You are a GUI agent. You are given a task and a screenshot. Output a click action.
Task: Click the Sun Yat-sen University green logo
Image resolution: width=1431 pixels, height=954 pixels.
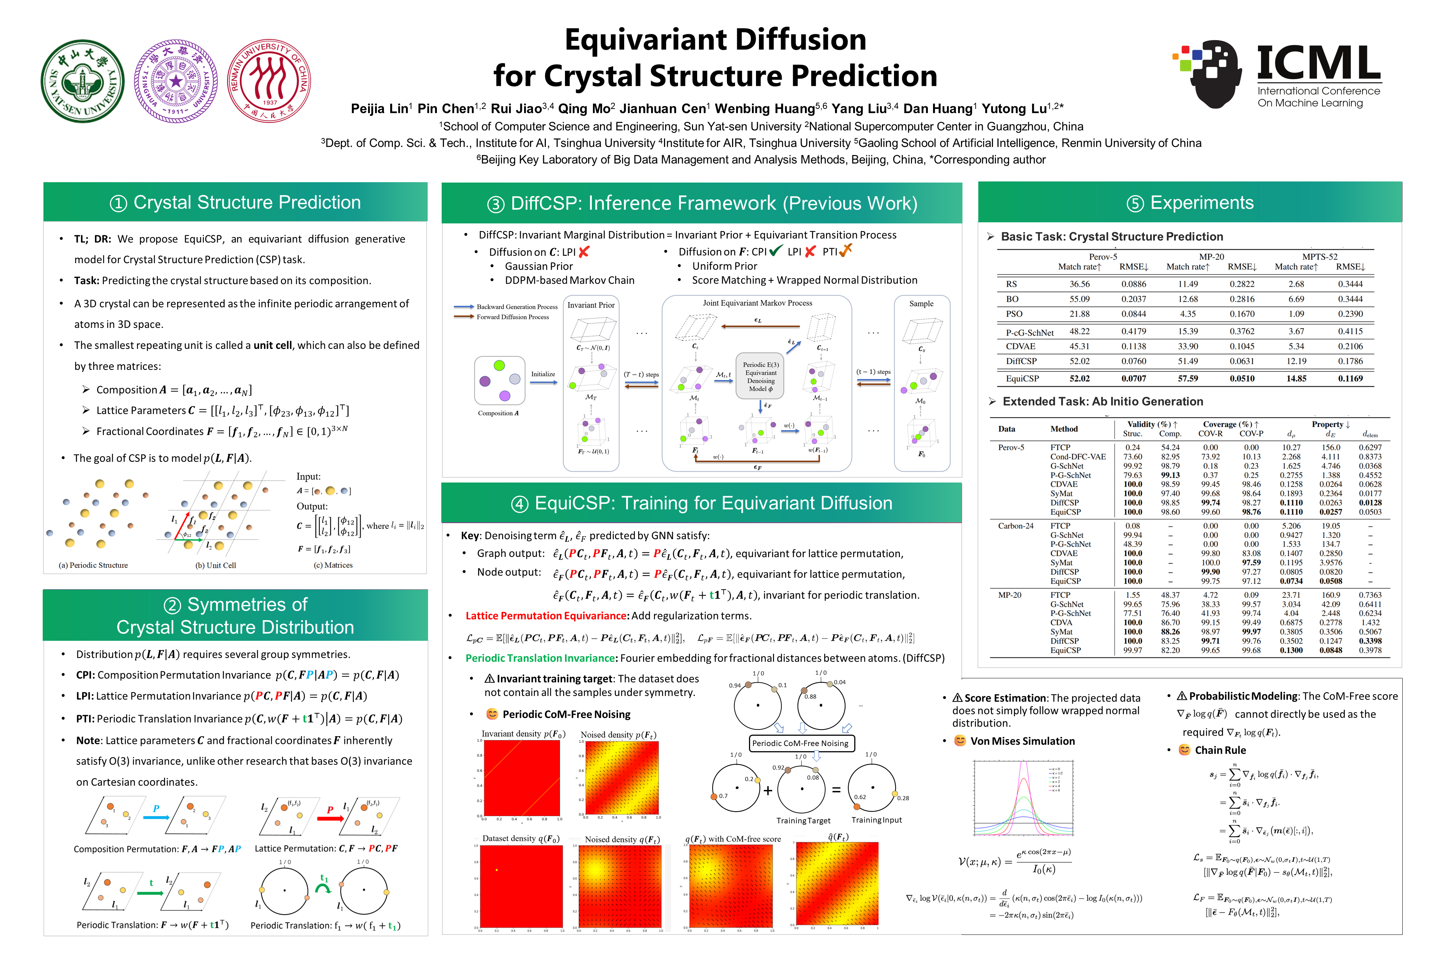pyautogui.click(x=83, y=82)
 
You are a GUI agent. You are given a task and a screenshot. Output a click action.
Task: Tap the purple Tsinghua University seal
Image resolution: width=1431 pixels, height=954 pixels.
pyautogui.click(x=176, y=82)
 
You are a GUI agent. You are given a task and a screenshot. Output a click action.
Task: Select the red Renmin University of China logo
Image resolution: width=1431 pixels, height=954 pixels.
pyautogui.click(x=269, y=82)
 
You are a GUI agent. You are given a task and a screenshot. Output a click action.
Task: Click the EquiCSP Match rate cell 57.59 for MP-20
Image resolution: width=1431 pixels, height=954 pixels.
pyautogui.click(x=1188, y=378)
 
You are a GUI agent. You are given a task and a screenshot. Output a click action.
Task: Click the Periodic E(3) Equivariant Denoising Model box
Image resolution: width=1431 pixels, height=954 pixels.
pyautogui.click(x=760, y=376)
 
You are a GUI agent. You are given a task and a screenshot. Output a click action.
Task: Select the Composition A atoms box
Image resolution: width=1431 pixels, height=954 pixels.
pyautogui.click(x=499, y=381)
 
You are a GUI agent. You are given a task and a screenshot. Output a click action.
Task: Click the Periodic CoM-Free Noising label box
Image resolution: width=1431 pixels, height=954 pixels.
pyautogui.click(x=800, y=743)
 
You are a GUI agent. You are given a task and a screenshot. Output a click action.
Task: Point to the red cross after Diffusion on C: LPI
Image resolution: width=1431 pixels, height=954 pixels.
pyautogui.click(x=584, y=252)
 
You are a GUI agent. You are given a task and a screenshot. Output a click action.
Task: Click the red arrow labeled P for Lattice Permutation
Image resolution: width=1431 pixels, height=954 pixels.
pyautogui.click(x=331, y=818)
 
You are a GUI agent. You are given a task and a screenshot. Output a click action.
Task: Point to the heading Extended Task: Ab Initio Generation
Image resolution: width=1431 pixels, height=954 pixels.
pyautogui.click(x=1102, y=402)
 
